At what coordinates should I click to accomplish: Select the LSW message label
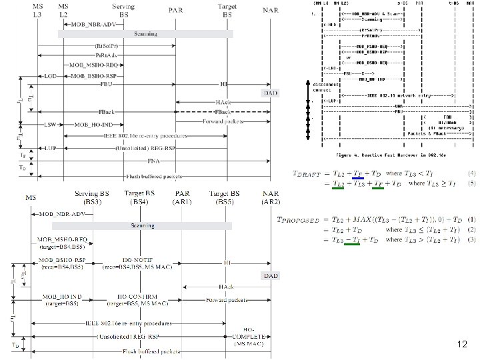(50, 125)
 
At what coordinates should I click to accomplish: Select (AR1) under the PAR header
(182, 201)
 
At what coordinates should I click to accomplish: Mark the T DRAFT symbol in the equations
(306, 174)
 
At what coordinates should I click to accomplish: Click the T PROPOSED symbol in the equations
(299, 219)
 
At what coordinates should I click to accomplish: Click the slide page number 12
(463, 345)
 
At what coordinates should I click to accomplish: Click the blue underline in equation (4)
(358, 179)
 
